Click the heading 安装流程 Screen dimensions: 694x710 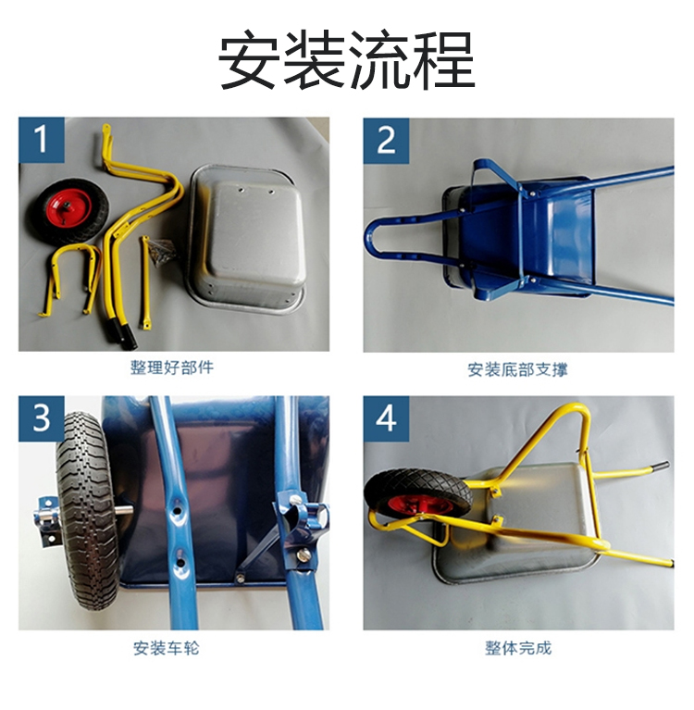[x=347, y=59]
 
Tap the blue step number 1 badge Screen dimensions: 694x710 [x=42, y=140]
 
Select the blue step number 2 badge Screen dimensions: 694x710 [x=386, y=141]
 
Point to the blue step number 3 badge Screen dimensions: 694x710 [x=42, y=418]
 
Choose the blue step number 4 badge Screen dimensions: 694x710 [x=386, y=418]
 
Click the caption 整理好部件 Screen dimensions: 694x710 [x=172, y=367]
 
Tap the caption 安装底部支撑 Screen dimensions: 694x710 [x=517, y=369]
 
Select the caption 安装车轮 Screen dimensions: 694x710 [x=167, y=648]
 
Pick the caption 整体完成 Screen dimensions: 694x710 [x=518, y=648]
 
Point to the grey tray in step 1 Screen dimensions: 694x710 [x=247, y=239]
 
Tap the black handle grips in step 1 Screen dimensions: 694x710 [x=121, y=333]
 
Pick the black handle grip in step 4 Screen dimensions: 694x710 [x=663, y=467]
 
